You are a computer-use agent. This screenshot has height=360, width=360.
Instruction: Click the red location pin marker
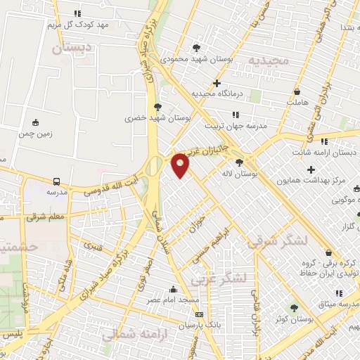[x=181, y=165]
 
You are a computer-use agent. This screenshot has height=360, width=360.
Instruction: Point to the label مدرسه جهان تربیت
[x=236, y=126]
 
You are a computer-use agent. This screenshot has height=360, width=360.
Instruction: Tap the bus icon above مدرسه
[x=57, y=180]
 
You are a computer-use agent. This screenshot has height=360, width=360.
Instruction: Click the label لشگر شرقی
[x=278, y=242]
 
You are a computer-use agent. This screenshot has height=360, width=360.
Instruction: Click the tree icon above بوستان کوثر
[x=294, y=307]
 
